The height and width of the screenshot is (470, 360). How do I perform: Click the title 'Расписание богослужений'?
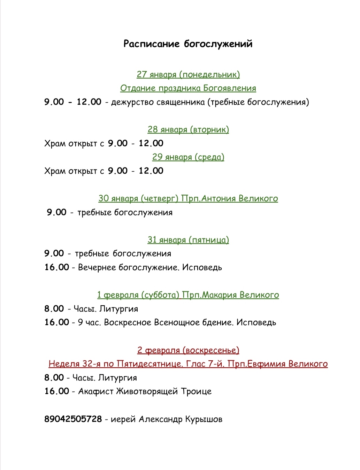click(x=188, y=44)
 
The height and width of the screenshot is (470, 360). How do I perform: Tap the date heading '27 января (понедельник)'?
click(x=188, y=75)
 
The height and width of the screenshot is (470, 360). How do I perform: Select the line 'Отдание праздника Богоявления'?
click(x=188, y=88)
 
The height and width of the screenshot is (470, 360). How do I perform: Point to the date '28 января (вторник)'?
click(x=188, y=130)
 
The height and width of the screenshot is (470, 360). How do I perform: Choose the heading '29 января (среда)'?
click(x=188, y=157)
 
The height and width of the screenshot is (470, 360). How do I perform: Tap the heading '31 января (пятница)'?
click(x=188, y=240)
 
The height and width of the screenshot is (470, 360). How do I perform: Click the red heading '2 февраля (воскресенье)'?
click(x=188, y=350)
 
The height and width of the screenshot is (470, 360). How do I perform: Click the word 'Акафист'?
click(x=96, y=392)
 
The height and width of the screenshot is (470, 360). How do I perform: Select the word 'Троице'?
click(x=196, y=392)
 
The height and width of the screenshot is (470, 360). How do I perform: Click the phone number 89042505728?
click(x=73, y=419)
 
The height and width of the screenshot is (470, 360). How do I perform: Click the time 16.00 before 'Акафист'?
click(x=57, y=392)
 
